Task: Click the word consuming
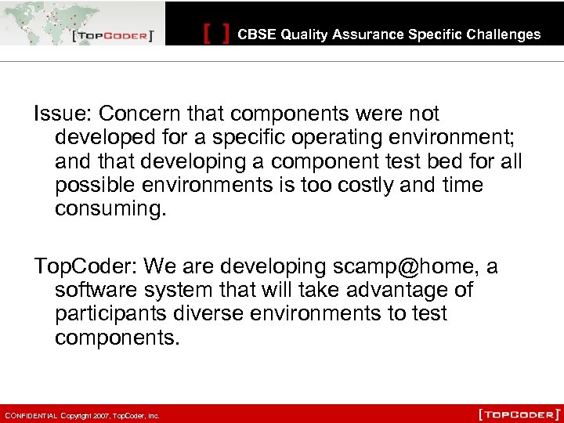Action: pos(110,209)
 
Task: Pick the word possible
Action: pos(90,186)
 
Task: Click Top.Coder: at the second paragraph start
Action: pos(85,267)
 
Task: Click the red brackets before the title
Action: pos(216,34)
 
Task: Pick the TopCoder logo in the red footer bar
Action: pos(519,414)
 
